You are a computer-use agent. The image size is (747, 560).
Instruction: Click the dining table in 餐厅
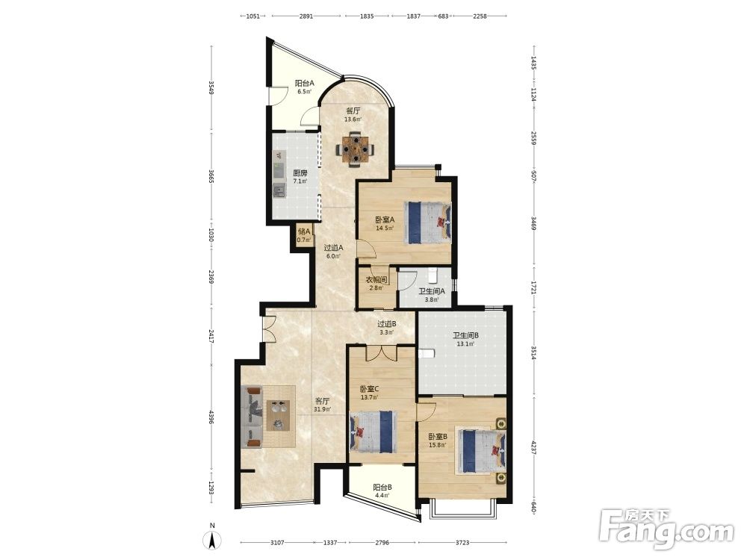coord(355,149)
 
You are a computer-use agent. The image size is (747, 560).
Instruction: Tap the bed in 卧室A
coord(428,223)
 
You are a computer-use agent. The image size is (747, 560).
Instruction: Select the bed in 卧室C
coord(373,432)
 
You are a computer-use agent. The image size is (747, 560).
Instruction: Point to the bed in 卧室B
coord(481,450)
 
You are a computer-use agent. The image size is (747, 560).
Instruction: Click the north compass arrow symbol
coord(212,540)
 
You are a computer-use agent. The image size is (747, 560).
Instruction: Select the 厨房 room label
coord(300,173)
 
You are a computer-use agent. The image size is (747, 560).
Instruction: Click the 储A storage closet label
coord(304,231)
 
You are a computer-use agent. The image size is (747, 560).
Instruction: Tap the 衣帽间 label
coord(376,279)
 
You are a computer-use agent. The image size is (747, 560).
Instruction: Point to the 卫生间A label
coord(432,291)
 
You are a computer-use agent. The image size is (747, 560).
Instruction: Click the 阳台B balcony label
coord(382,487)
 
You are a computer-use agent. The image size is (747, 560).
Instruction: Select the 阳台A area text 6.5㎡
coord(305,91)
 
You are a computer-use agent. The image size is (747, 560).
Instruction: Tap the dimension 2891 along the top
coord(306,16)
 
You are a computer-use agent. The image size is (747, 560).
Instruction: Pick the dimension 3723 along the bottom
coord(462,542)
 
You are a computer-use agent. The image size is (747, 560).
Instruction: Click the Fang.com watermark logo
coord(666,528)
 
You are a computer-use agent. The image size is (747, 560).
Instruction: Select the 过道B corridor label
coord(387,324)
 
